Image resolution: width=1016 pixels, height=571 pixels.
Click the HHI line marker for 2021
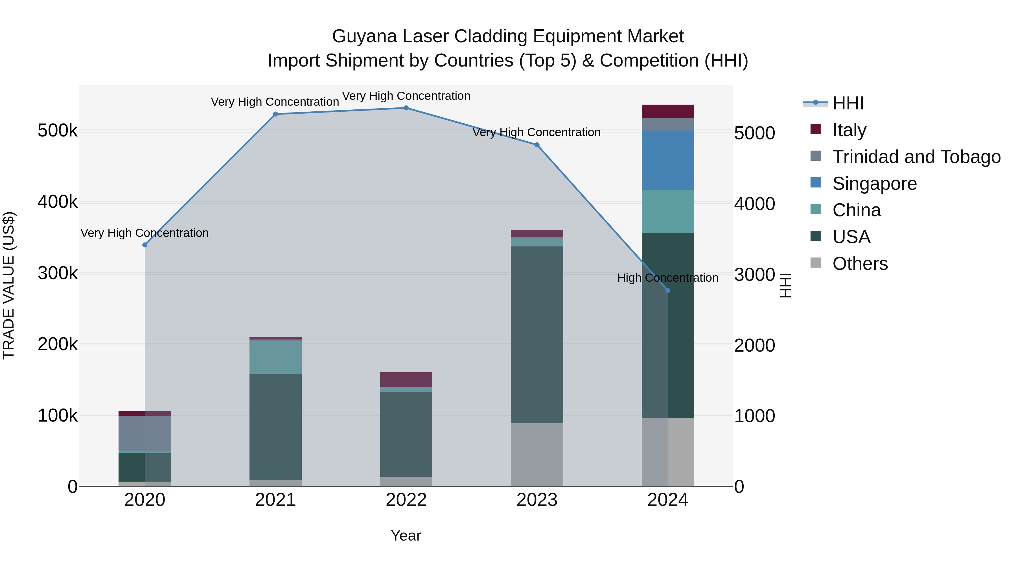[275, 114]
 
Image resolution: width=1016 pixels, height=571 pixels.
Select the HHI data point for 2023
[537, 145]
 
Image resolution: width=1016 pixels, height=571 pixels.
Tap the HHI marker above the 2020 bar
[145, 245]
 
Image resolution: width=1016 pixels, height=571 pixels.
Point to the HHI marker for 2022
[406, 108]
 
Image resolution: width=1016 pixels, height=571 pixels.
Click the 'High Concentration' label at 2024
[667, 278]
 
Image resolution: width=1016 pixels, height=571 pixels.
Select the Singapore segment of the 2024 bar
[667, 160]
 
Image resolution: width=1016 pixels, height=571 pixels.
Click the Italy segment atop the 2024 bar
[667, 111]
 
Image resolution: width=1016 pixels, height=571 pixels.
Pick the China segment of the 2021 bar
[275, 358]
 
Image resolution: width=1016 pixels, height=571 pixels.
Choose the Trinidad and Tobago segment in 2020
[145, 433]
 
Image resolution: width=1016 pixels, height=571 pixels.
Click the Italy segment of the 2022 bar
[406, 380]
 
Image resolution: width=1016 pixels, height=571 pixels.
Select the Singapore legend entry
[874, 184]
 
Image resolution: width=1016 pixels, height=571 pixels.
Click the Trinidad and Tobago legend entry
[916, 157]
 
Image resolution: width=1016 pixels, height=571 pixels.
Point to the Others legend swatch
[815, 263]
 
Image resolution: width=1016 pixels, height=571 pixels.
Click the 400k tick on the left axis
[58, 202]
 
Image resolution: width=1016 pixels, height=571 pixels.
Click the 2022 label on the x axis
[406, 500]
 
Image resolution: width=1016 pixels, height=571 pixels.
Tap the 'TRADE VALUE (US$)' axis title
[9, 285]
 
